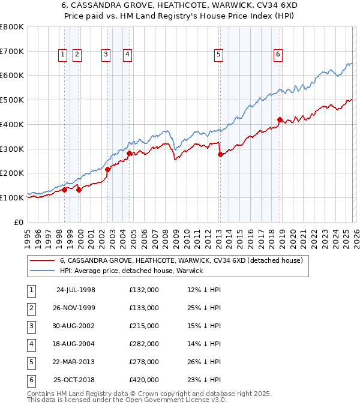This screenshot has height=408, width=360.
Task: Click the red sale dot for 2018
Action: point(280,119)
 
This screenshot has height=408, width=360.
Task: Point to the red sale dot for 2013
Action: point(220,154)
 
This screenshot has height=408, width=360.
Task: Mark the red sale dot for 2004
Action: point(129,153)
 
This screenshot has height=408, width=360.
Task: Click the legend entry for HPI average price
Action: point(131,271)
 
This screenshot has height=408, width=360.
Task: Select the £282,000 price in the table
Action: point(144,344)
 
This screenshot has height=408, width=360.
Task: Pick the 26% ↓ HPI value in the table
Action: point(204,362)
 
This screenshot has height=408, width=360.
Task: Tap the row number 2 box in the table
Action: point(31,308)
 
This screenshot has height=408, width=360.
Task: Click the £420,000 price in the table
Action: point(144,380)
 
